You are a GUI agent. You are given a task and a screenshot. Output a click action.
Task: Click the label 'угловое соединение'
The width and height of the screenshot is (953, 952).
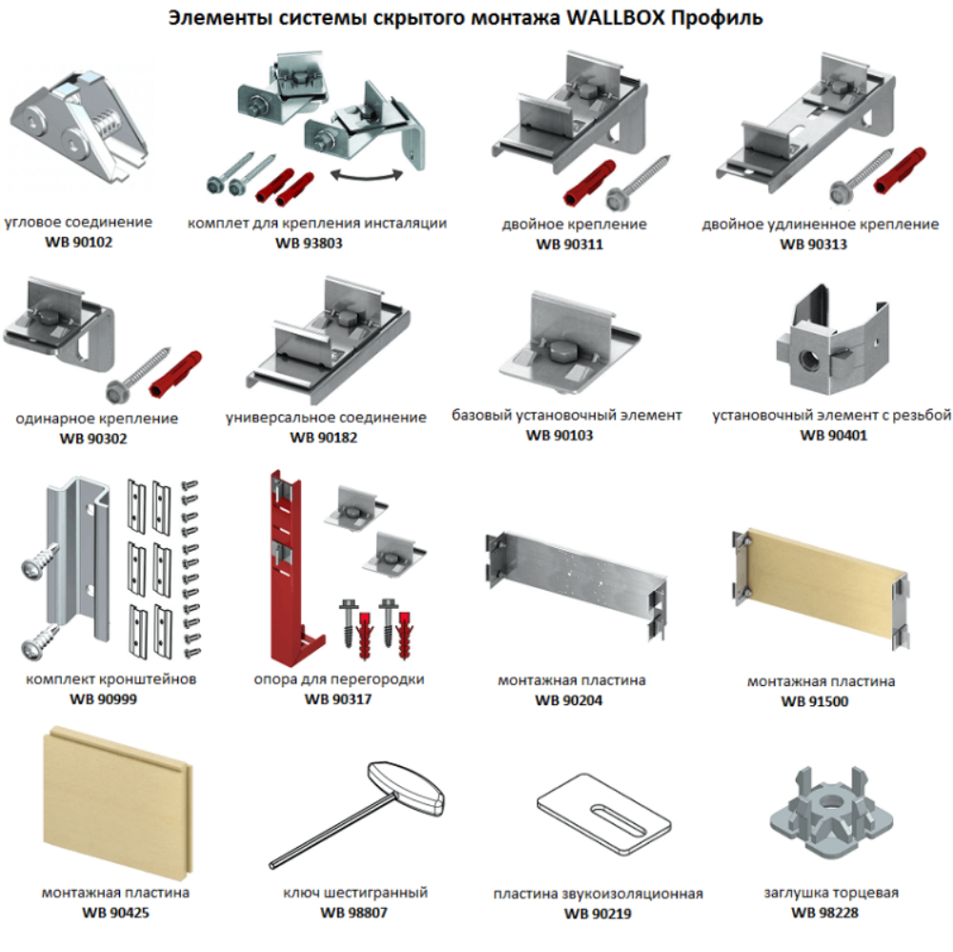[78, 222]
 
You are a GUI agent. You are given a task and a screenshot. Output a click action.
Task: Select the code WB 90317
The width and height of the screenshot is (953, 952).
[337, 699]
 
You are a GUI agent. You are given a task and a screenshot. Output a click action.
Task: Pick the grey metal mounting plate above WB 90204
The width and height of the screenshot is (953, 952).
[577, 577]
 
